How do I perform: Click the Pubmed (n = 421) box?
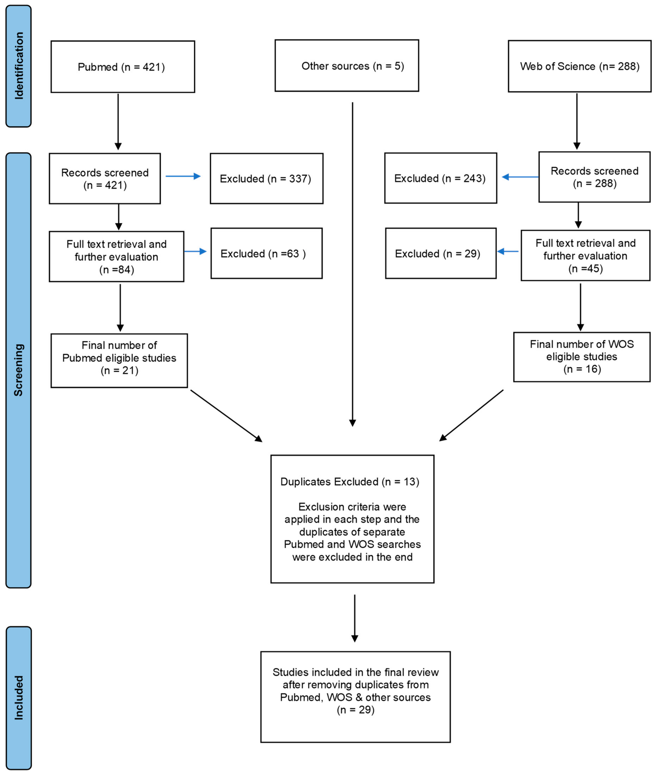122,67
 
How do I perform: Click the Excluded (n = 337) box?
266,178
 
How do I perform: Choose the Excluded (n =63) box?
266,253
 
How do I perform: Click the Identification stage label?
19,66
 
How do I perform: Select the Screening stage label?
19,370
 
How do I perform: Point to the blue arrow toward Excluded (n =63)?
195,251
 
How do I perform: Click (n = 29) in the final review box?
355,710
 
